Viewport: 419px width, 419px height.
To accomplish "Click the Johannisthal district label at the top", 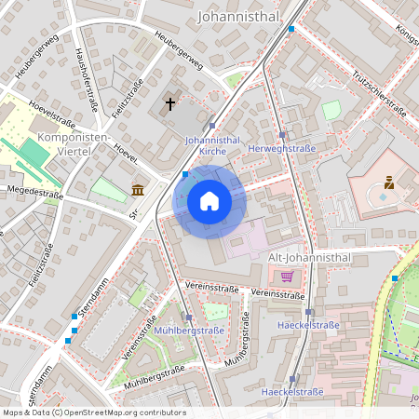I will coord(240,16).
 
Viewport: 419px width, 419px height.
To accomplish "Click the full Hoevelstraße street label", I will coord(51,112).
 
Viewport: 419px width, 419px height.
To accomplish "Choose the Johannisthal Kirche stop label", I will coord(213,144).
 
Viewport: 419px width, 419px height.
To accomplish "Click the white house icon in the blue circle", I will coord(209,200).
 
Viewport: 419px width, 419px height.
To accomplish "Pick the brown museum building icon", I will coord(138,190).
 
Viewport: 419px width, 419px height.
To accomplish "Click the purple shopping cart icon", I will coord(287,276).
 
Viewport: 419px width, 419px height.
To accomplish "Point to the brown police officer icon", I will coord(388,183).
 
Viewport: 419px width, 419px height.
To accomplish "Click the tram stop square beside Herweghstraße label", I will coord(282,135).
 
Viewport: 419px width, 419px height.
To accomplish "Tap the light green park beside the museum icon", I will coord(109,190).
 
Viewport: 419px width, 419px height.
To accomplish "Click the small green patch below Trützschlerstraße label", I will coord(331,111).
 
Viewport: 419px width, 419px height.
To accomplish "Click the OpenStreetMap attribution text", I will coord(94,412).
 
